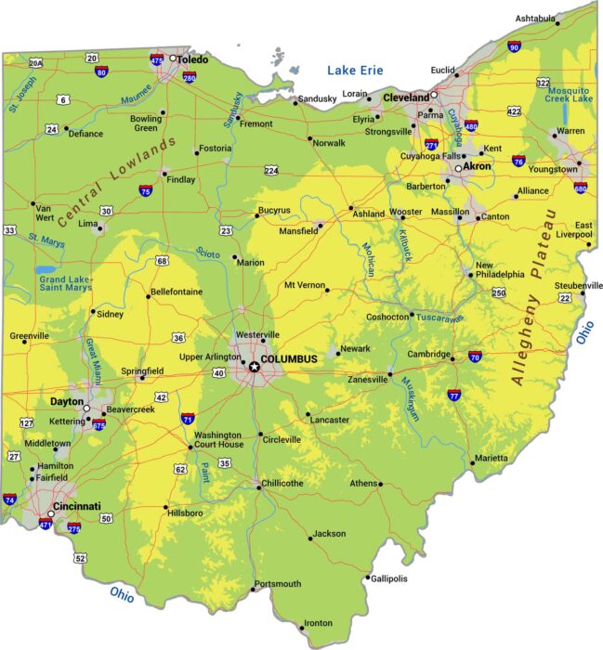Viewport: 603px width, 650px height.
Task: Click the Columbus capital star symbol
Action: pyautogui.click(x=254, y=367)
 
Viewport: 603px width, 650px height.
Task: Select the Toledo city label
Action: pyautogui.click(x=193, y=59)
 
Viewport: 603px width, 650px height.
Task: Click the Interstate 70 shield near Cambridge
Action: pyautogui.click(x=475, y=357)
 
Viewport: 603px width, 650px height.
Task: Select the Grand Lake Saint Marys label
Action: pyautogui.click(x=65, y=283)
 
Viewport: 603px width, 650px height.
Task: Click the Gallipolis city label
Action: pyautogui.click(x=388, y=578)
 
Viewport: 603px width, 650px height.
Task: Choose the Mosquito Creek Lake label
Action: pyautogui.click(x=570, y=92)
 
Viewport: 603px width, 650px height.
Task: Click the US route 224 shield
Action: pyautogui.click(x=271, y=171)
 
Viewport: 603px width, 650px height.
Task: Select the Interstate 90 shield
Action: pyautogui.click(x=514, y=46)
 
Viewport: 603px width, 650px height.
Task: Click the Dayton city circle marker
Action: pyautogui.click(x=86, y=408)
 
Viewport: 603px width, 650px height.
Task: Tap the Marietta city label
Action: pyautogui.click(x=491, y=458)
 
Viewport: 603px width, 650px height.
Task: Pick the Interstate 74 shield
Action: pyautogui.click(x=10, y=500)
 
